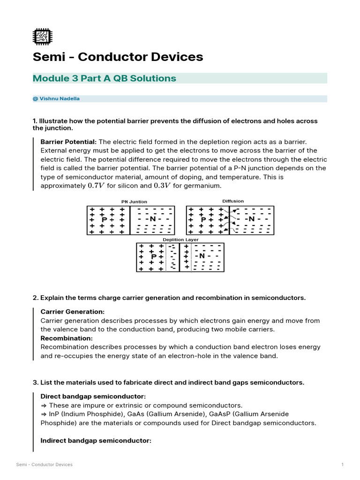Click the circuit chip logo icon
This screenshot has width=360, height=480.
[43, 37]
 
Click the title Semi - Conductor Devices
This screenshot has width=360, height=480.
[118, 57]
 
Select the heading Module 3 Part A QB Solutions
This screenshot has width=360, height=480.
[104, 78]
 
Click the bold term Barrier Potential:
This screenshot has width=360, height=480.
[68, 142]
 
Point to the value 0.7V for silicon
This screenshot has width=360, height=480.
[96, 186]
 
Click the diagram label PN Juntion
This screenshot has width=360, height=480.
[134, 202]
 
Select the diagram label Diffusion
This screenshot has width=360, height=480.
[232, 201]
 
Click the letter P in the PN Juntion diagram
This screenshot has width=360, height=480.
[105, 219]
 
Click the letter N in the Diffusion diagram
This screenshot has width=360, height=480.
[252, 219]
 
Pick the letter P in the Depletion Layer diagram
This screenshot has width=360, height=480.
[153, 256]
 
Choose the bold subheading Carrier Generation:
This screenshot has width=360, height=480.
[73, 312]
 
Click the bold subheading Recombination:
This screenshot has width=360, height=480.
[67, 338]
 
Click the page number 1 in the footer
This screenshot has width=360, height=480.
[343, 465]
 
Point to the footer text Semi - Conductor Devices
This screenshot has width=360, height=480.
[45, 465]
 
